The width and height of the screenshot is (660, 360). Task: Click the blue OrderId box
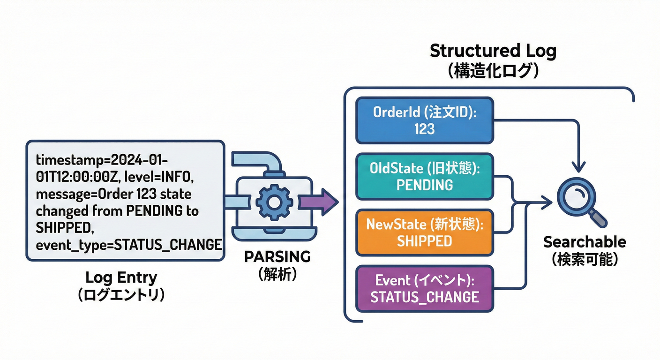(424, 120)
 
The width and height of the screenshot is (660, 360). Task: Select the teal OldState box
(424, 176)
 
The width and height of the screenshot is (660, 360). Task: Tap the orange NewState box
(424, 232)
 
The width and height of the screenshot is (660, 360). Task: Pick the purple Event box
(424, 289)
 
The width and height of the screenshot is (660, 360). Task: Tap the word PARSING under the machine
(277, 257)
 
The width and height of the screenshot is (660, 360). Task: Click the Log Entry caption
(121, 277)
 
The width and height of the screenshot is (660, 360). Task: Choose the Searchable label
(585, 242)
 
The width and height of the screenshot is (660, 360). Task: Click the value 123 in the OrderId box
(424, 129)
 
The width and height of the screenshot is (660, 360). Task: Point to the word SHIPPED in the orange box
(424, 241)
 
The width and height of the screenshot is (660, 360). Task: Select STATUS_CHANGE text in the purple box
(424, 297)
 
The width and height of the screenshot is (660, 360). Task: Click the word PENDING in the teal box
(424, 185)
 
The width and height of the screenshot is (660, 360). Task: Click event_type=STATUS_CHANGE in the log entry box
(128, 244)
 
